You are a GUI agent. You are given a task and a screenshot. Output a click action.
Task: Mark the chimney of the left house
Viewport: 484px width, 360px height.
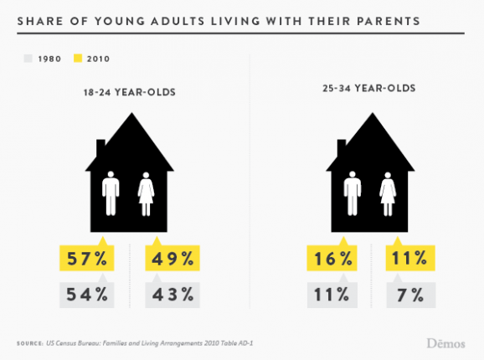pos(101,149)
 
